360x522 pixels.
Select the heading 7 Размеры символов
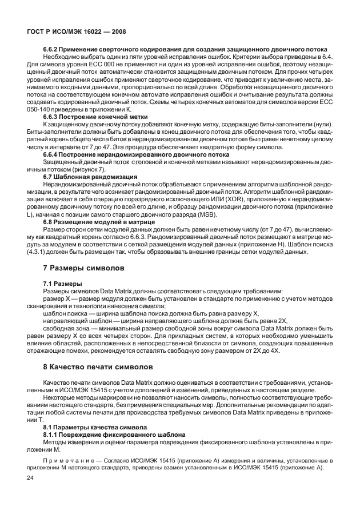(x=85, y=268)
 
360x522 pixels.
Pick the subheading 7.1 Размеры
(x=63, y=284)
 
